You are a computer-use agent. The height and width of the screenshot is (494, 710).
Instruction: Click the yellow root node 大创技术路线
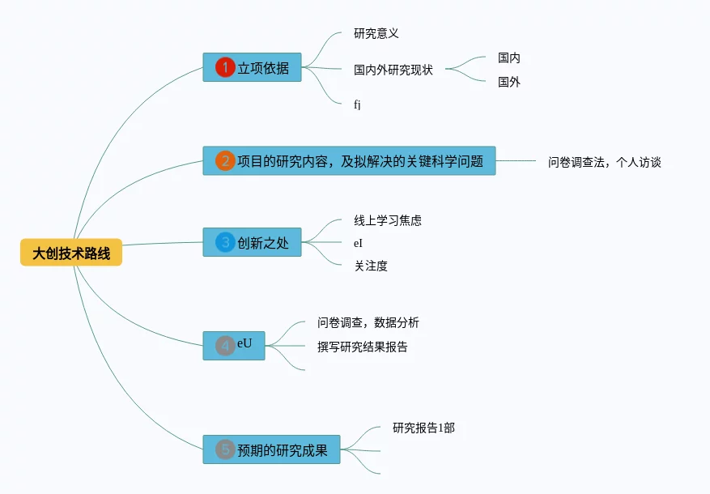(71, 253)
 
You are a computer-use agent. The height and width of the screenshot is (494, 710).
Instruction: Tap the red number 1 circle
(225, 68)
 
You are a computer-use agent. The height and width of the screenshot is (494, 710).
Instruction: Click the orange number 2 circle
(225, 161)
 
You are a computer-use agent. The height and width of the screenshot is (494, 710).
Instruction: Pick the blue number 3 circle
(225, 242)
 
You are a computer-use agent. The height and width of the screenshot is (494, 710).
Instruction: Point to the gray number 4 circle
(225, 346)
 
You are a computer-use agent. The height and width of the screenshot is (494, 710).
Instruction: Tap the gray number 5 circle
(225, 449)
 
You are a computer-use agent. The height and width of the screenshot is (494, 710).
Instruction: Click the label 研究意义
(376, 34)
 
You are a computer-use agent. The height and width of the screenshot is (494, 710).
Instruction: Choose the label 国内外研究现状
(393, 70)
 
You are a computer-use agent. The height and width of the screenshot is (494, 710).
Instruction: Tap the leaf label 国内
(509, 58)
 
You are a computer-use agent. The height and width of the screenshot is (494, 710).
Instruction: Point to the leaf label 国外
(509, 82)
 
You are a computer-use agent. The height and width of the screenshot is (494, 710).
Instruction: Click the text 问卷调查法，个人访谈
(604, 162)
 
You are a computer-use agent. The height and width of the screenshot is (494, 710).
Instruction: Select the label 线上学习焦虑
(388, 220)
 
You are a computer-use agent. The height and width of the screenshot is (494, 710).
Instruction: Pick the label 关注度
(371, 266)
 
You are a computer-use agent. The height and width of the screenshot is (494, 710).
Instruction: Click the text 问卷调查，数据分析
(368, 322)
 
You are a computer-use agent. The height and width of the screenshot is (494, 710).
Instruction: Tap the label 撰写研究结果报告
(363, 347)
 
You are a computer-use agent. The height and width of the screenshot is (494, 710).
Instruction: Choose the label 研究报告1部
(423, 428)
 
